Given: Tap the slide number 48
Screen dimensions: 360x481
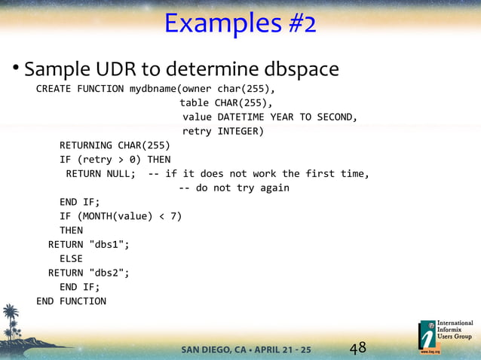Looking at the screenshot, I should click(357, 348).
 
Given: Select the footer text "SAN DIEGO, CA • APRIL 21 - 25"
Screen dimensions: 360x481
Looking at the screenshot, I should click(246, 349).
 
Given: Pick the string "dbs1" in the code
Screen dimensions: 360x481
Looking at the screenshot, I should click(109, 244).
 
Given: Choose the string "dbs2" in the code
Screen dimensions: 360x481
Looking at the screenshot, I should click(109, 273).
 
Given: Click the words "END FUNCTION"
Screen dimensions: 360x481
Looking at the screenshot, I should click(71, 301).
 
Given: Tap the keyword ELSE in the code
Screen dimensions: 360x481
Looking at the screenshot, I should click(71, 258).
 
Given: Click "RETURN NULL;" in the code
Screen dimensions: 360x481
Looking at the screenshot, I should click(100, 174).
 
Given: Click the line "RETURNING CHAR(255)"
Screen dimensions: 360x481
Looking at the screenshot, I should click(115, 145).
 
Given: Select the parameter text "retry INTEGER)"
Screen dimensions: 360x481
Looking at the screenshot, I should click(223, 132).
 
